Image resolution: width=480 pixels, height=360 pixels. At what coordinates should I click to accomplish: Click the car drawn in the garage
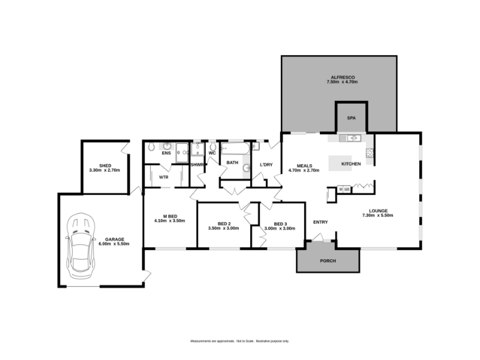click(x=80, y=246)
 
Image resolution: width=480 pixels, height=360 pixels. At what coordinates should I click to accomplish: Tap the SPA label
click(x=352, y=118)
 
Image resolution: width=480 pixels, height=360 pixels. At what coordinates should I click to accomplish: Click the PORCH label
click(x=328, y=261)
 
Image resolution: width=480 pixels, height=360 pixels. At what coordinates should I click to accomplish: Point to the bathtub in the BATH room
click(x=235, y=148)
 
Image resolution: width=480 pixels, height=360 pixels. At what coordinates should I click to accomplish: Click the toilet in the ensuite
click(x=151, y=146)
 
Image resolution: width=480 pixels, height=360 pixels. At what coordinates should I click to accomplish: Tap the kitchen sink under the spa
click(x=350, y=139)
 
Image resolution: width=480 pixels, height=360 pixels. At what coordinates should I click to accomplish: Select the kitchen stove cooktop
click(x=370, y=152)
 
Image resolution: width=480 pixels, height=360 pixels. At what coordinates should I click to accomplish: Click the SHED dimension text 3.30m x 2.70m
click(x=104, y=170)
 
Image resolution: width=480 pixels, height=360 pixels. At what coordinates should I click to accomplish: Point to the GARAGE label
click(x=115, y=239)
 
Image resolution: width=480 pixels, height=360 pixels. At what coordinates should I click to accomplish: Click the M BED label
click(x=170, y=216)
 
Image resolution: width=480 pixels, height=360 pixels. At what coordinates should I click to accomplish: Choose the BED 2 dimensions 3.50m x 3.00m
click(x=223, y=228)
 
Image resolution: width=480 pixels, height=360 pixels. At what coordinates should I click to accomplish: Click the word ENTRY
click(x=320, y=222)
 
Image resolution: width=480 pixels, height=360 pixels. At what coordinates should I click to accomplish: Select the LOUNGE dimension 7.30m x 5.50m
click(x=378, y=215)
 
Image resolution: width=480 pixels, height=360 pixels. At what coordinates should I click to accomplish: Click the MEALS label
click(x=304, y=166)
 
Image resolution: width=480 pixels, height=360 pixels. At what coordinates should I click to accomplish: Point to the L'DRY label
click(x=266, y=164)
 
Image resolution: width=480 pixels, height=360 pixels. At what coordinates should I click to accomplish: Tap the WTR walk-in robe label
click(x=164, y=177)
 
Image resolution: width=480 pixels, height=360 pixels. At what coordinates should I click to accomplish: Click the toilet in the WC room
click(x=213, y=146)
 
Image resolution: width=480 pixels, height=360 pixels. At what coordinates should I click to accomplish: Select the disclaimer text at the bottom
click(x=239, y=341)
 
